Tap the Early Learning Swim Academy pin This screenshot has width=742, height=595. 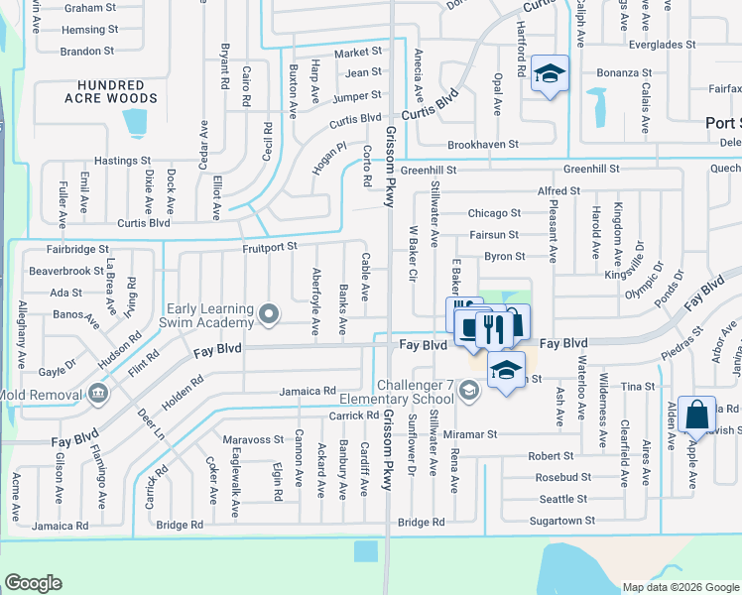click(x=268, y=316)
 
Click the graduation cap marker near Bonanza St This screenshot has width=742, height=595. click(x=549, y=74)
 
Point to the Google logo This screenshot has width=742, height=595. click(x=34, y=583)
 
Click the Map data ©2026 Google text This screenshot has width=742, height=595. click(x=680, y=587)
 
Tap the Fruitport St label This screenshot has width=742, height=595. click(x=270, y=249)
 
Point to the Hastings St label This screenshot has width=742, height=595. click(x=122, y=160)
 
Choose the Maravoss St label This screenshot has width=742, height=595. click(x=253, y=439)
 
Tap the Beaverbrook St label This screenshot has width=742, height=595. click(x=66, y=270)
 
